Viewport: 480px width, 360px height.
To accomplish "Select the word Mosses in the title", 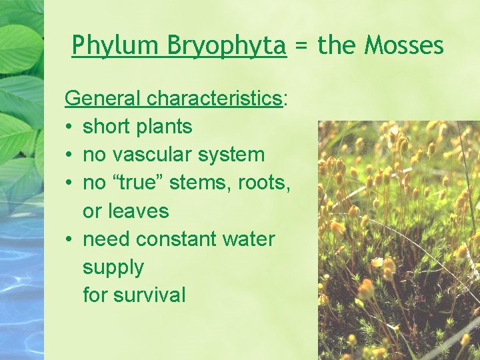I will point(405,45).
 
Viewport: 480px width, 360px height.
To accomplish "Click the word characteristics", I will point(215,99).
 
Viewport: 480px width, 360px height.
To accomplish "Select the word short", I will point(109,127).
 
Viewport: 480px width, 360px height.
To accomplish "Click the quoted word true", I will point(139,183).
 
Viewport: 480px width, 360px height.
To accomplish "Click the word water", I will point(250,239).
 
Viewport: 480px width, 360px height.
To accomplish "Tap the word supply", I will point(113,268).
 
